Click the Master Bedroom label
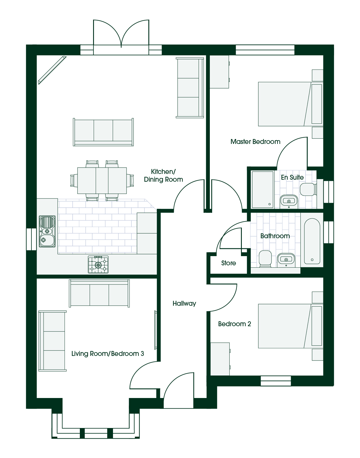coord(255,142)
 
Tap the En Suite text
coord(292,177)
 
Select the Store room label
coord(229,263)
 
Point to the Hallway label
coord(184,304)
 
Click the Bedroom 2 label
coord(234,324)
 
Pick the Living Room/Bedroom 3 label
coord(108,354)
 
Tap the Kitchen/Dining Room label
coord(163,176)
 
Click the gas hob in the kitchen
coord(98,264)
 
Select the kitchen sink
coord(47,231)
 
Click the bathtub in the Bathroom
coord(312,241)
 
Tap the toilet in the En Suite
coord(308,189)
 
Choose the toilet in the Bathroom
coord(265,259)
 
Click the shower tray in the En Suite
coord(263,189)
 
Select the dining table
coord(102,181)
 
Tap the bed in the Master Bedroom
coord(291,104)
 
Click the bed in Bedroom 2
coord(291,326)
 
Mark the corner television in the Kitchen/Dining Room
coord(52,70)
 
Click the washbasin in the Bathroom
coord(286,260)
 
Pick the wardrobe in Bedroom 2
coord(220,359)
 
